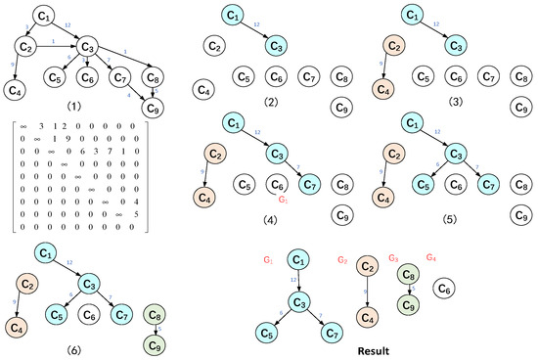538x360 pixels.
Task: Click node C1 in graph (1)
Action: [43, 16]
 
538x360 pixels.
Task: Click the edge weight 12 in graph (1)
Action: [67, 22]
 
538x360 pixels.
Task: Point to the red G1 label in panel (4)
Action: [283, 199]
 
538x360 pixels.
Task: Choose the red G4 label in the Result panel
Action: [432, 257]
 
